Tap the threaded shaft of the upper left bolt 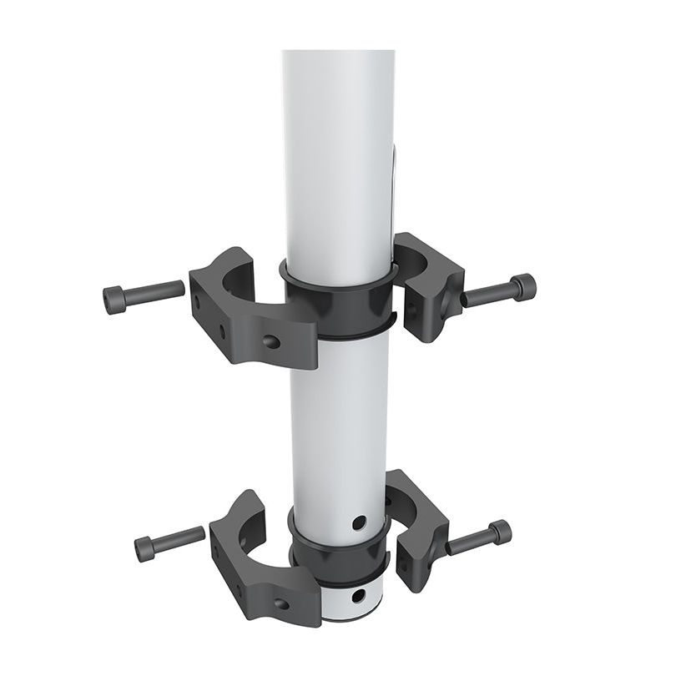coord(156,291)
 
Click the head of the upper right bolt coord(522,288)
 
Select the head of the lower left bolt coord(145,548)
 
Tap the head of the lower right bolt coord(500,532)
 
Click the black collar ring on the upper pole coord(338,305)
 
